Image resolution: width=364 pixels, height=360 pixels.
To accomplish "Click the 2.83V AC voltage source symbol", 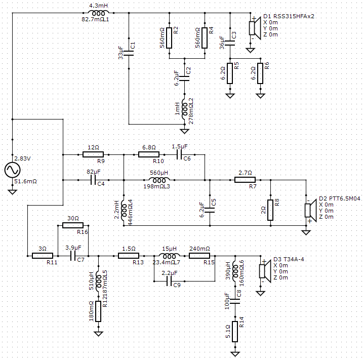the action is (12, 170).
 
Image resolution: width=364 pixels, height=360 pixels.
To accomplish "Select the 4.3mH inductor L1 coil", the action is (98, 13).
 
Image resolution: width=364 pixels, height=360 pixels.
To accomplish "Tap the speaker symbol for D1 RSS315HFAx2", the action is (255, 28).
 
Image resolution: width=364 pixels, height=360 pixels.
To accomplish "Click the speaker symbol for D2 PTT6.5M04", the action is (310, 210).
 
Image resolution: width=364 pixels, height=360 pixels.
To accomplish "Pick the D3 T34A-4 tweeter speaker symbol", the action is (265, 271).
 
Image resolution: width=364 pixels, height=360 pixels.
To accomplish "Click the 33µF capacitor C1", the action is (129, 53).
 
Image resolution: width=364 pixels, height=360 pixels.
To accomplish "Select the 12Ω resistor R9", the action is (93, 154).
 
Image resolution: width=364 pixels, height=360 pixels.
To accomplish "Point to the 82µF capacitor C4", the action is (93, 180).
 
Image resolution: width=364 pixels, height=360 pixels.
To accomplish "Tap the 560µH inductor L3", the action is (159, 180).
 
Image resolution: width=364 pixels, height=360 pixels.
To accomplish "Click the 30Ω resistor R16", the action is (73, 225).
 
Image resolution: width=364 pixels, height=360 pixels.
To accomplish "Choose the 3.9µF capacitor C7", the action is (73, 256).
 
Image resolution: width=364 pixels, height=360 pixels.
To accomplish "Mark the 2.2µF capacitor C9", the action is (170, 282).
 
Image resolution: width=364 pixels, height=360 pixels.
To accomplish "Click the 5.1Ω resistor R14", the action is (235, 332).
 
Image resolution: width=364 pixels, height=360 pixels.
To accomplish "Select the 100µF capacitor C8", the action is (235, 301).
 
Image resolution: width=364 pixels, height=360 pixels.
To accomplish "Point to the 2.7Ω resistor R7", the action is (245, 180).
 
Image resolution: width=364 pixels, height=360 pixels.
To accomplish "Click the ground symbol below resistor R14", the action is (235, 354).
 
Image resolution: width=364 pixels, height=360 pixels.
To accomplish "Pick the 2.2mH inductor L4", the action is (124, 210).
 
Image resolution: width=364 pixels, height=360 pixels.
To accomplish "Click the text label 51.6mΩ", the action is (25, 181).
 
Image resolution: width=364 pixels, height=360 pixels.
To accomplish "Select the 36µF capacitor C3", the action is (230, 43).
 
